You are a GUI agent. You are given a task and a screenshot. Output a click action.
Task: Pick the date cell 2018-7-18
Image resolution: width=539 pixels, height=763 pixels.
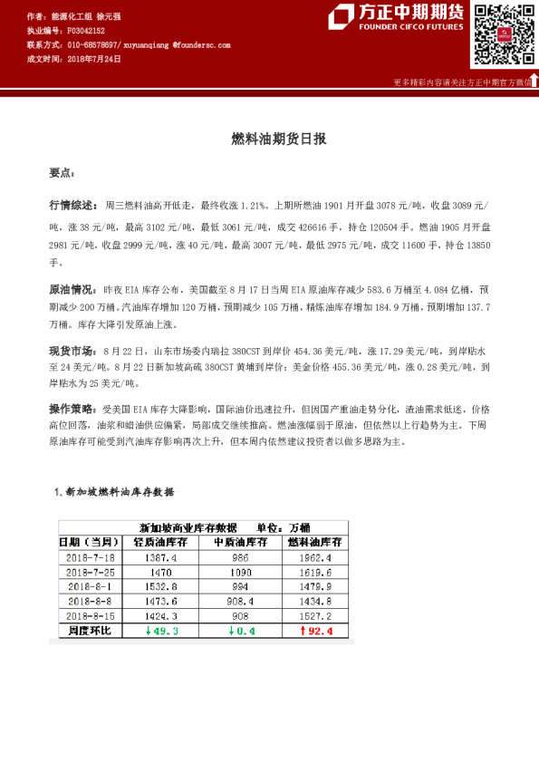click(90, 559)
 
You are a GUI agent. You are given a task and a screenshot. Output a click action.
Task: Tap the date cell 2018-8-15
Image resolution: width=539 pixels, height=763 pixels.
click(90, 616)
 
